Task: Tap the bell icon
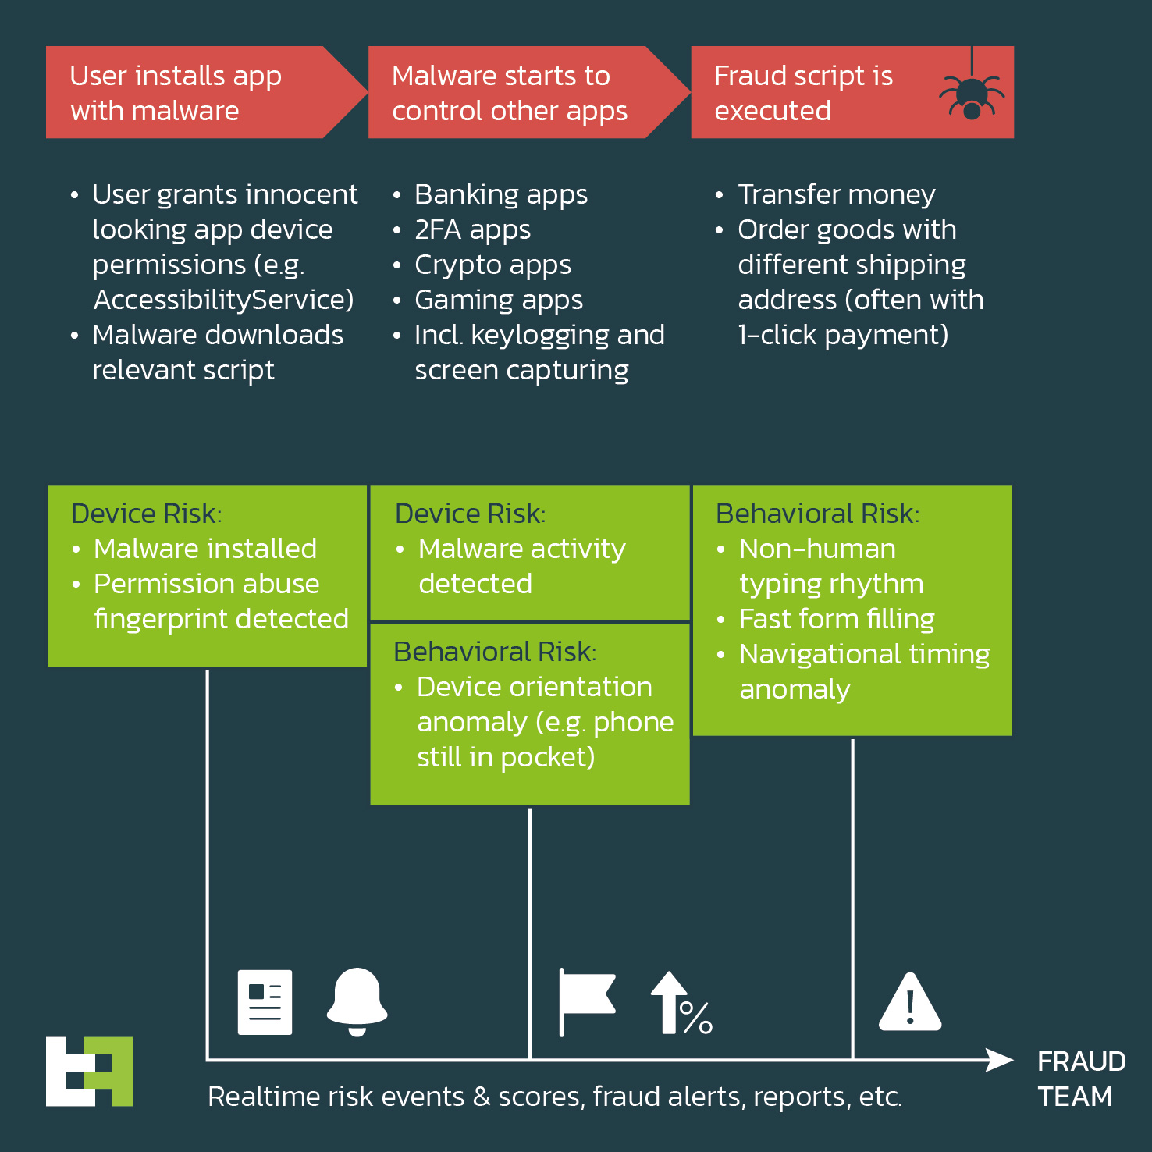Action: (x=357, y=1001)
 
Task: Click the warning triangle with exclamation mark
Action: (x=910, y=1002)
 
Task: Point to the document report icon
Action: (x=265, y=1002)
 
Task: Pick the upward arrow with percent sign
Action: (x=681, y=1003)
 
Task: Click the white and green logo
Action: (x=89, y=1071)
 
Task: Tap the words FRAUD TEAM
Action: (x=1081, y=1079)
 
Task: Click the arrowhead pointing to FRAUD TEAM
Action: (x=1000, y=1060)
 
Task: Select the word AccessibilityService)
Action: (x=224, y=300)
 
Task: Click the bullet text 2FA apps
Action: (x=473, y=230)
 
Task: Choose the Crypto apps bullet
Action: (x=493, y=265)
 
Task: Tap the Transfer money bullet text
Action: (x=837, y=194)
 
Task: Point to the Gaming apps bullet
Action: (x=499, y=300)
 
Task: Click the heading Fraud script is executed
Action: (x=804, y=93)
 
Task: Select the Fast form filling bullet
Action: (x=837, y=619)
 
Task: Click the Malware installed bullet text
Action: (x=205, y=549)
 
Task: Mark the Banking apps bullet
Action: (x=501, y=195)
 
